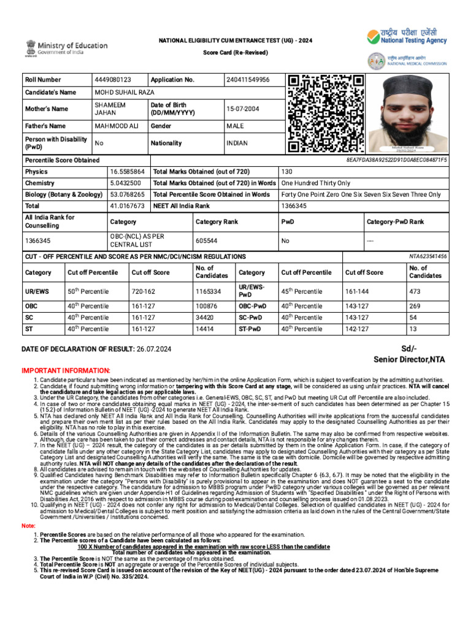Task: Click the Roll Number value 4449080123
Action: (x=113, y=80)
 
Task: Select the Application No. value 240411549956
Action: (x=248, y=80)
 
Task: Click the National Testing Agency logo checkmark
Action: (x=373, y=37)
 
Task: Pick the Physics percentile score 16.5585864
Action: (x=128, y=172)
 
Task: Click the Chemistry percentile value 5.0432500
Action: (x=126, y=183)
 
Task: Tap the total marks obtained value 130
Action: (x=287, y=172)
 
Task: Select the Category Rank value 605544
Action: (x=205, y=241)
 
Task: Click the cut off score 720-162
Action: (x=142, y=291)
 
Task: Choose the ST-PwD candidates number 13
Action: (x=413, y=329)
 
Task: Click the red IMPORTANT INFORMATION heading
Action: (x=66, y=371)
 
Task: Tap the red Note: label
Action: (x=29, y=526)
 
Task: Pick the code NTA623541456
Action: (x=428, y=256)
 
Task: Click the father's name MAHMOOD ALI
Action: (x=116, y=126)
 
